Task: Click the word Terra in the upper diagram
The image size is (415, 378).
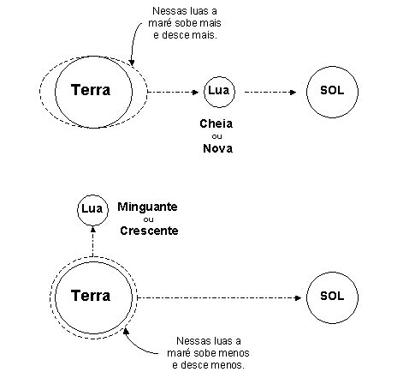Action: pyautogui.click(x=91, y=90)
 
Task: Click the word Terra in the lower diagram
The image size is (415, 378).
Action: pyautogui.click(x=91, y=296)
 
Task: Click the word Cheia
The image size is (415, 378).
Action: pyautogui.click(x=216, y=123)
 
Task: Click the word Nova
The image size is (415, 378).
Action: pyautogui.click(x=217, y=148)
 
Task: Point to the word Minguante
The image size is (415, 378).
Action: pyautogui.click(x=147, y=207)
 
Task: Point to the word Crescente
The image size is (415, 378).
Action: pyautogui.click(x=149, y=231)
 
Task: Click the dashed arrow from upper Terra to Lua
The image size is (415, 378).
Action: pyautogui.click(x=173, y=92)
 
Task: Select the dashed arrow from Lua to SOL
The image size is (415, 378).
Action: pyautogui.click(x=270, y=92)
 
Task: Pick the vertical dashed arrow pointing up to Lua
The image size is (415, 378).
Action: pyautogui.click(x=92, y=241)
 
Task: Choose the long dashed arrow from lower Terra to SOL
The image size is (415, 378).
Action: pyautogui.click(x=219, y=297)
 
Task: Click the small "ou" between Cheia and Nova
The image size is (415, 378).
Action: pyautogui.click(x=216, y=136)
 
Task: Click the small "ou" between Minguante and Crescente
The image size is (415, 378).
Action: pyautogui.click(x=148, y=219)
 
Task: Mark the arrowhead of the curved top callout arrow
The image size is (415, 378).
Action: pyautogui.click(x=132, y=63)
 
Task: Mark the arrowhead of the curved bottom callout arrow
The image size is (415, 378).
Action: pyautogui.click(x=126, y=332)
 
